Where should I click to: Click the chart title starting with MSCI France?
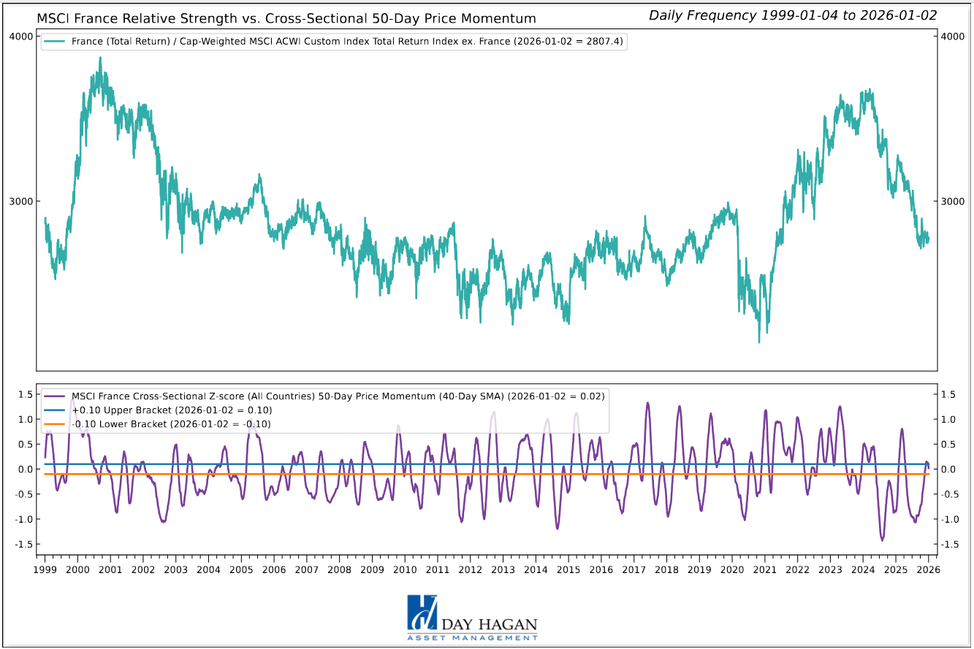286,18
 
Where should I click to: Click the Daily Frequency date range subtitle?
793,15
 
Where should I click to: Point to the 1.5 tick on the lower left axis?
26,394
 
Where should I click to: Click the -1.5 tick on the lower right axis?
949,545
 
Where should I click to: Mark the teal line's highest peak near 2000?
100,58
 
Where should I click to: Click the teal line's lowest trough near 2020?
759,342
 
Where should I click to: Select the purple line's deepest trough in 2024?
882,540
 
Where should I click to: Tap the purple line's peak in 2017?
647,402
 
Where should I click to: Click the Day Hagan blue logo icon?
422,612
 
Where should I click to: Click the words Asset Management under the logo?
472,638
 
